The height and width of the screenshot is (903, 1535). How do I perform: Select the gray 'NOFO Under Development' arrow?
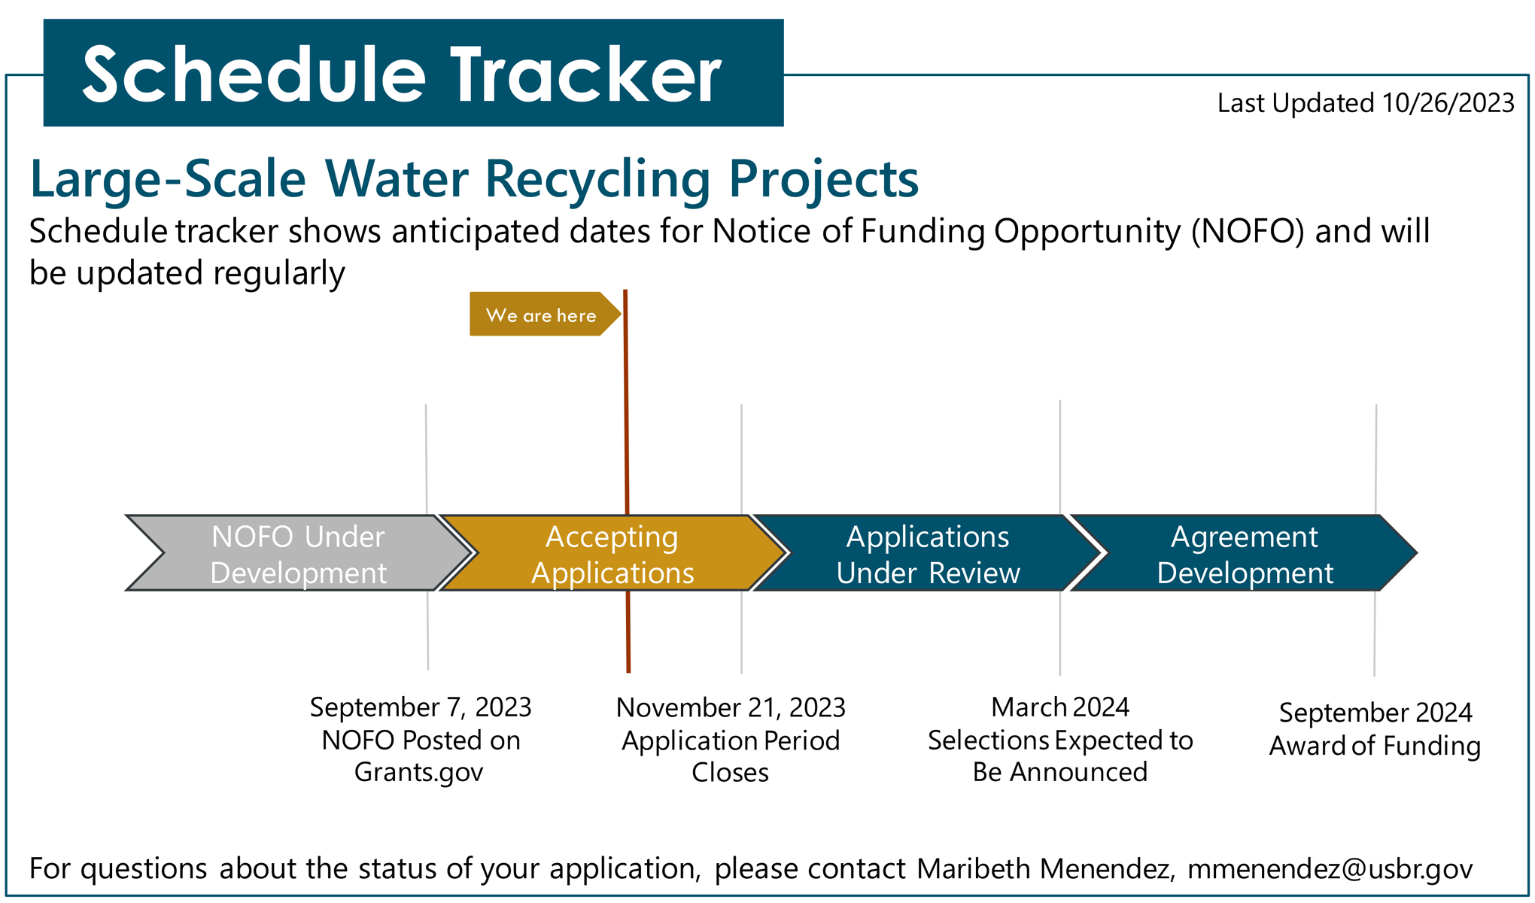[299, 553]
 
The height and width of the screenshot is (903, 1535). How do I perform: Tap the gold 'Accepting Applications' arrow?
[612, 553]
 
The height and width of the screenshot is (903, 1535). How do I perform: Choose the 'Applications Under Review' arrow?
[927, 553]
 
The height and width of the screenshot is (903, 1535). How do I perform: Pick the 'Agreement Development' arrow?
[1245, 553]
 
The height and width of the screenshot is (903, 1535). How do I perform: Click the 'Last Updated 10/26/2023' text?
[1366, 103]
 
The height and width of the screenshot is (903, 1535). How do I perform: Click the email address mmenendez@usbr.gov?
[1330, 868]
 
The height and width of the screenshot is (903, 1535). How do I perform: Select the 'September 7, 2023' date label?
[421, 707]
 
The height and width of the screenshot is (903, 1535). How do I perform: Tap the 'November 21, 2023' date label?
[731, 707]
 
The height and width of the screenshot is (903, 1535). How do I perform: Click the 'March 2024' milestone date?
[1060, 707]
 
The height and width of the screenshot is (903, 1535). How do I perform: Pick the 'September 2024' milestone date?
[1375, 713]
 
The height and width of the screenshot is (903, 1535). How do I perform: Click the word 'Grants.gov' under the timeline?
[418, 773]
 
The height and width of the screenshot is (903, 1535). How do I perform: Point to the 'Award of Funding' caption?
[1375, 746]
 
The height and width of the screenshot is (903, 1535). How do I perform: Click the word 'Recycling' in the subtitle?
[597, 181]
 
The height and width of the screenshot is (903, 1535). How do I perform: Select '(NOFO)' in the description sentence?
[1248, 231]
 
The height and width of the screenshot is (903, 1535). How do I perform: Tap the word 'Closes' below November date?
[730, 773]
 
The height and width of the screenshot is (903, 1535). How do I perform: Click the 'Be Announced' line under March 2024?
[1059, 772]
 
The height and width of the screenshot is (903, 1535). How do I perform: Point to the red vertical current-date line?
[627, 481]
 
